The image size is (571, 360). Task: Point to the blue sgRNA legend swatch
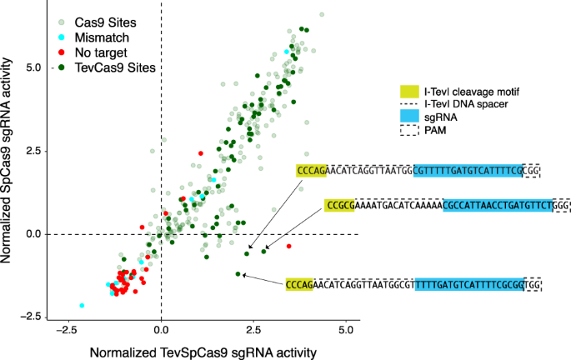pos(412,117)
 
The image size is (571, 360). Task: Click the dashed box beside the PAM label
pos(412,131)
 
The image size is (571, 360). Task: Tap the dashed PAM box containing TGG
pos(533,284)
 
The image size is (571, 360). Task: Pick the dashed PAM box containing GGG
pos(561,203)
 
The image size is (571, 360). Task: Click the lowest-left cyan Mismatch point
pos(82,306)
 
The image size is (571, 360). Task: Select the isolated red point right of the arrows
pos(288,247)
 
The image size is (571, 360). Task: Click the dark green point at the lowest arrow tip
pos(238,274)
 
